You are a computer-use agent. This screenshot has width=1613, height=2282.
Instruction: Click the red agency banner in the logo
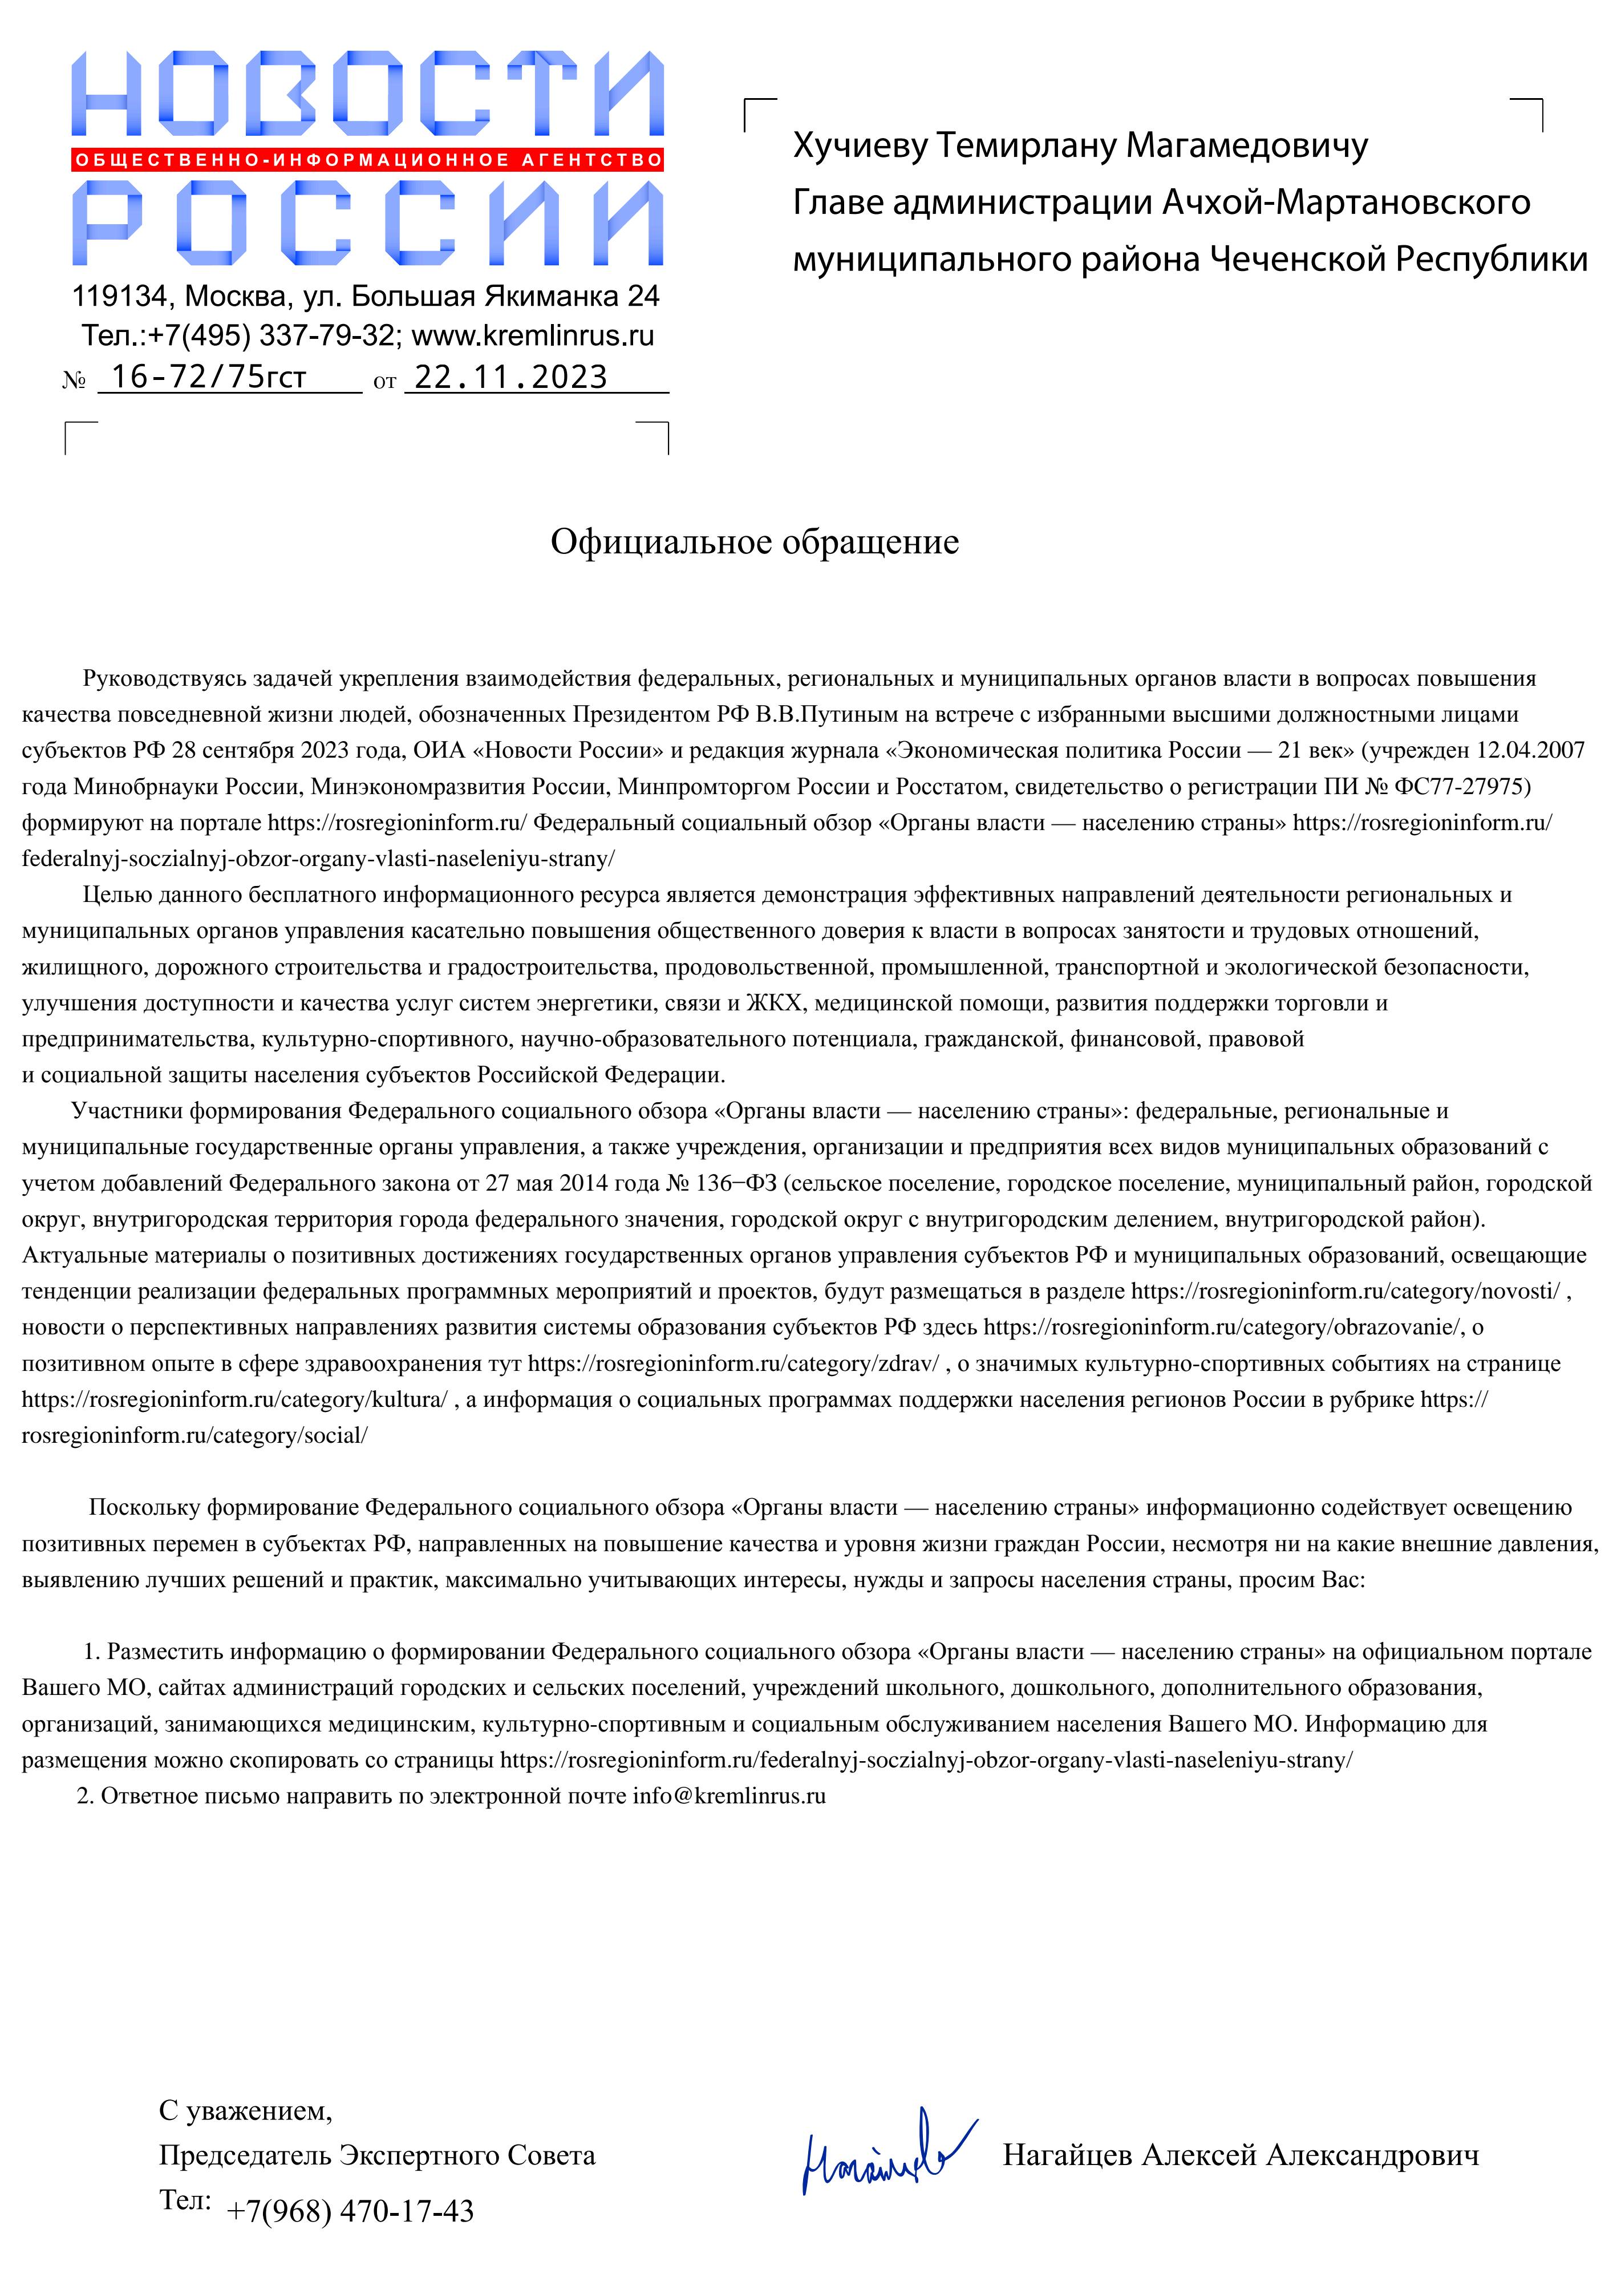(x=368, y=160)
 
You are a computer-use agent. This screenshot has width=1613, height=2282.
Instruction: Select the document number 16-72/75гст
(x=209, y=378)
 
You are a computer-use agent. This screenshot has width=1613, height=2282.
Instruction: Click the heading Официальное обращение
(x=755, y=541)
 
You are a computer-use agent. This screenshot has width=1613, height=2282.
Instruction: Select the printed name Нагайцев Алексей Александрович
(x=1241, y=2155)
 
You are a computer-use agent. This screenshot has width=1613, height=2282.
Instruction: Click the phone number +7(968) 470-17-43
(x=350, y=2211)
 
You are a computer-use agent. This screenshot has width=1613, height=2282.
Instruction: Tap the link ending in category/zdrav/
(x=732, y=1363)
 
